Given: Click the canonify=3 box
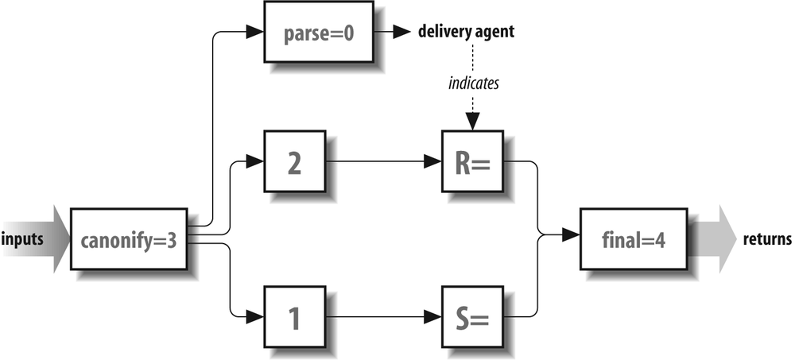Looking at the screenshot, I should pos(130,238).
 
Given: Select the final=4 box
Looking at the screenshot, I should pos(631,238).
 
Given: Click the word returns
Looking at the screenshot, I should pos(767,238).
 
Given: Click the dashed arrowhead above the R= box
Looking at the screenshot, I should pos(473,122).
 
